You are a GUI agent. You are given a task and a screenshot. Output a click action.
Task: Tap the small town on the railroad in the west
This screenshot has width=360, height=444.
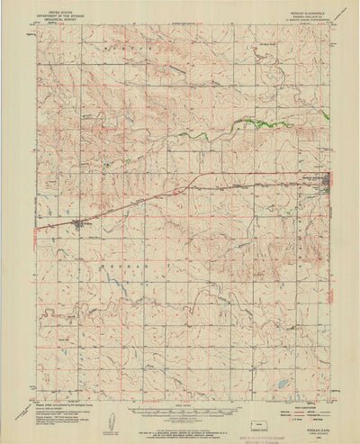(80, 224)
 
